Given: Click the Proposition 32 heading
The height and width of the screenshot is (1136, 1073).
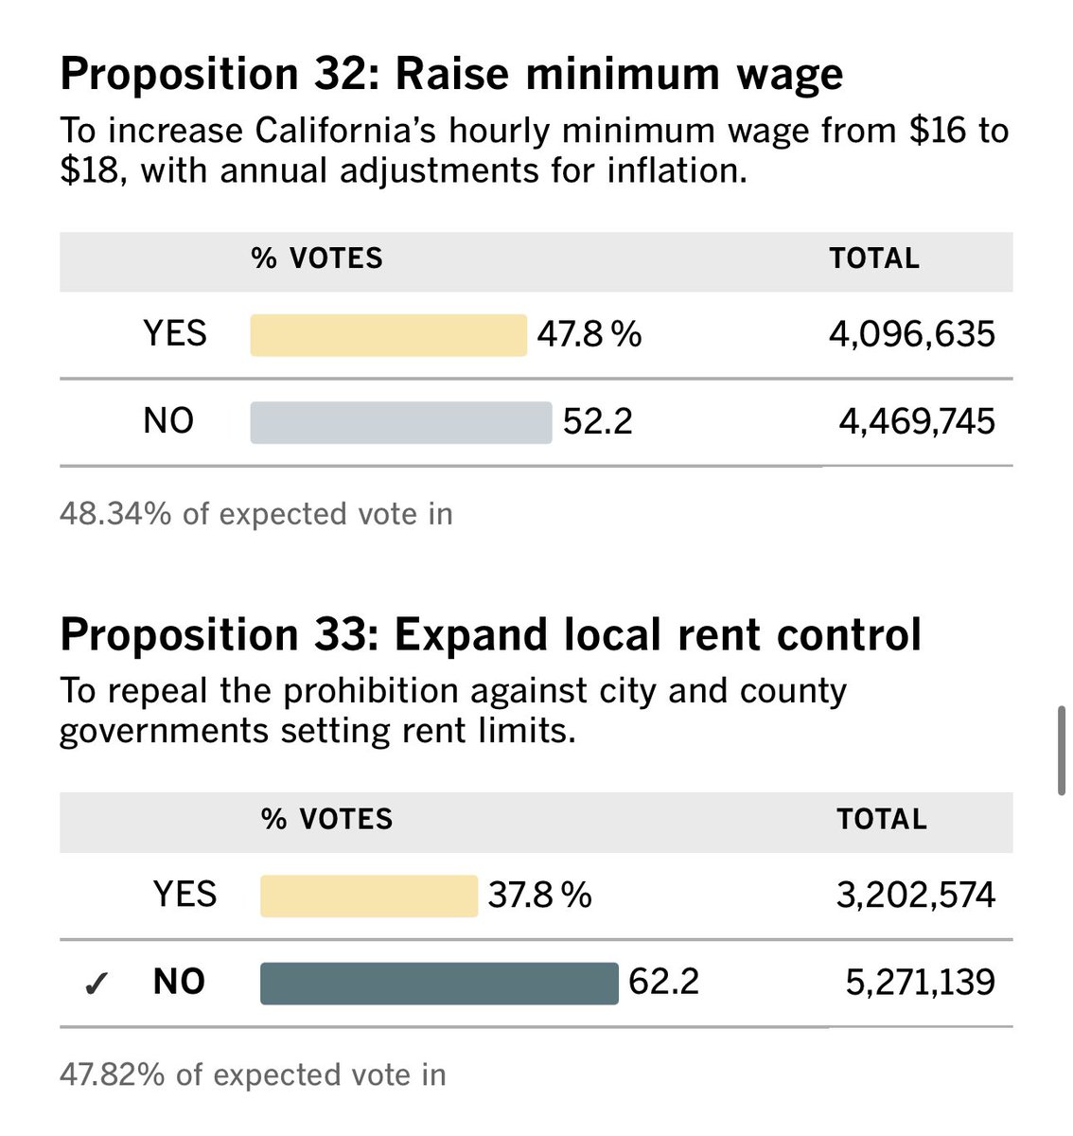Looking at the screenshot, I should coord(451,75).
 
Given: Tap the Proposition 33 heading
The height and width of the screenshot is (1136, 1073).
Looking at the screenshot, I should coord(490,635).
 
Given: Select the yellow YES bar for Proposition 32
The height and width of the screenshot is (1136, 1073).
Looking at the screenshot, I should coord(388,335).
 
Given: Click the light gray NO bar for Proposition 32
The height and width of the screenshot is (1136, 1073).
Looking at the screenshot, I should coord(400,422).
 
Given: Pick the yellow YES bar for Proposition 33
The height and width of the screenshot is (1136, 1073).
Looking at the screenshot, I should coord(369,896).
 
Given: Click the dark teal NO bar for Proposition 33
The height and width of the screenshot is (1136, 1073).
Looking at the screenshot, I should coord(439,983).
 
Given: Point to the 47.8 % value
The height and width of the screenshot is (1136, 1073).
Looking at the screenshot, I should coord(589,335).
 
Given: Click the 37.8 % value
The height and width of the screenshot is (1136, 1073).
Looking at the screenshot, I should coord(540,896).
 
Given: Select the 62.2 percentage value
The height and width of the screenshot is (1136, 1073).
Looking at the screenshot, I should coord(663,983).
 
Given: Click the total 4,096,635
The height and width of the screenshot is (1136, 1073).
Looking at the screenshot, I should coord(912,335).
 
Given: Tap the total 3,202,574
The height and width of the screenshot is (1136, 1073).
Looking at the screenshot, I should coord(915,896).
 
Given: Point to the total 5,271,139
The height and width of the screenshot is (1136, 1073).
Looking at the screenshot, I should coord(920,983).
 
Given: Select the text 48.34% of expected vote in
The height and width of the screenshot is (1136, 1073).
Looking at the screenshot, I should coord(256,514).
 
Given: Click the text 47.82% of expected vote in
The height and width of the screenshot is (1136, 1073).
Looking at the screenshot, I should coord(253,1074).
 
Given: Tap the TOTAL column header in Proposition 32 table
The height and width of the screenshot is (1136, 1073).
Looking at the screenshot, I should coord(874,259).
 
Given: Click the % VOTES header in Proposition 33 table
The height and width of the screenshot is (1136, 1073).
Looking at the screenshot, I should coord(326,820).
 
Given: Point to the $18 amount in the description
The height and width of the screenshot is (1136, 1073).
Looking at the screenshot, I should coord(91,172).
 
